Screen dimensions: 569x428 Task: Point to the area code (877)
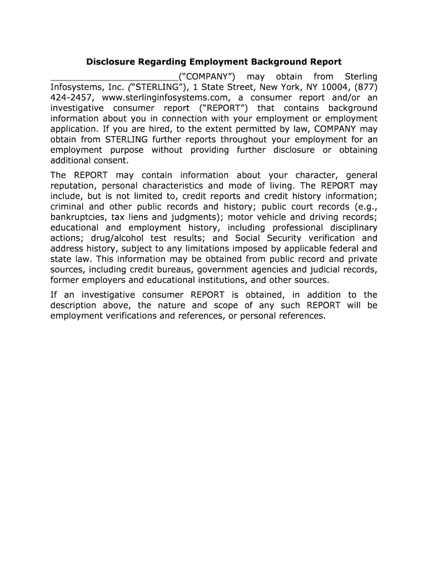[364, 87]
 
